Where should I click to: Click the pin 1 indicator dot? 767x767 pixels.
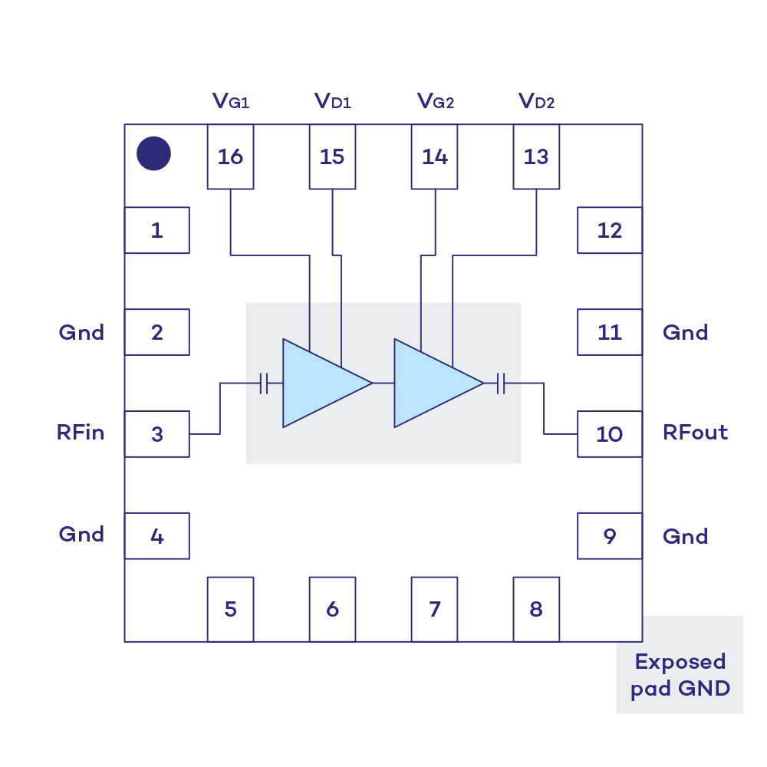pos(153,153)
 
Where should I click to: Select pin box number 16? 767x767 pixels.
pos(230,157)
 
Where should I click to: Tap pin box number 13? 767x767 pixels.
pos(536,157)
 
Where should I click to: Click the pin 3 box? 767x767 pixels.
pos(157,434)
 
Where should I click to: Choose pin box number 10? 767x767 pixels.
pos(610,434)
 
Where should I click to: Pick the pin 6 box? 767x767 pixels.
pos(332,609)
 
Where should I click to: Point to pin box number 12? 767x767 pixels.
pos(610,230)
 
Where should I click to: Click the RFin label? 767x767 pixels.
pos(81,433)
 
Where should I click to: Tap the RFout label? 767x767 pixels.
pos(695,433)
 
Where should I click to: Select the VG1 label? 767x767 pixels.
pos(231,101)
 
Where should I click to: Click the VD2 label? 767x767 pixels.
pos(536,101)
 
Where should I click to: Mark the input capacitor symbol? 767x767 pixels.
pos(264,383)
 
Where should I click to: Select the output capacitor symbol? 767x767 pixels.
pos(502,383)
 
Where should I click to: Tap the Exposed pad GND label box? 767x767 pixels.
pos(680,675)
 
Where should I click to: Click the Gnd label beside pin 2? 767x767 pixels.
pos(81,332)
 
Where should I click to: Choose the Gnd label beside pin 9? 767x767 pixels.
pos(685,535)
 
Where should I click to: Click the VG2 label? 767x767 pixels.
pos(435,101)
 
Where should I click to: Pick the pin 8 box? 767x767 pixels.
pos(536,609)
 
